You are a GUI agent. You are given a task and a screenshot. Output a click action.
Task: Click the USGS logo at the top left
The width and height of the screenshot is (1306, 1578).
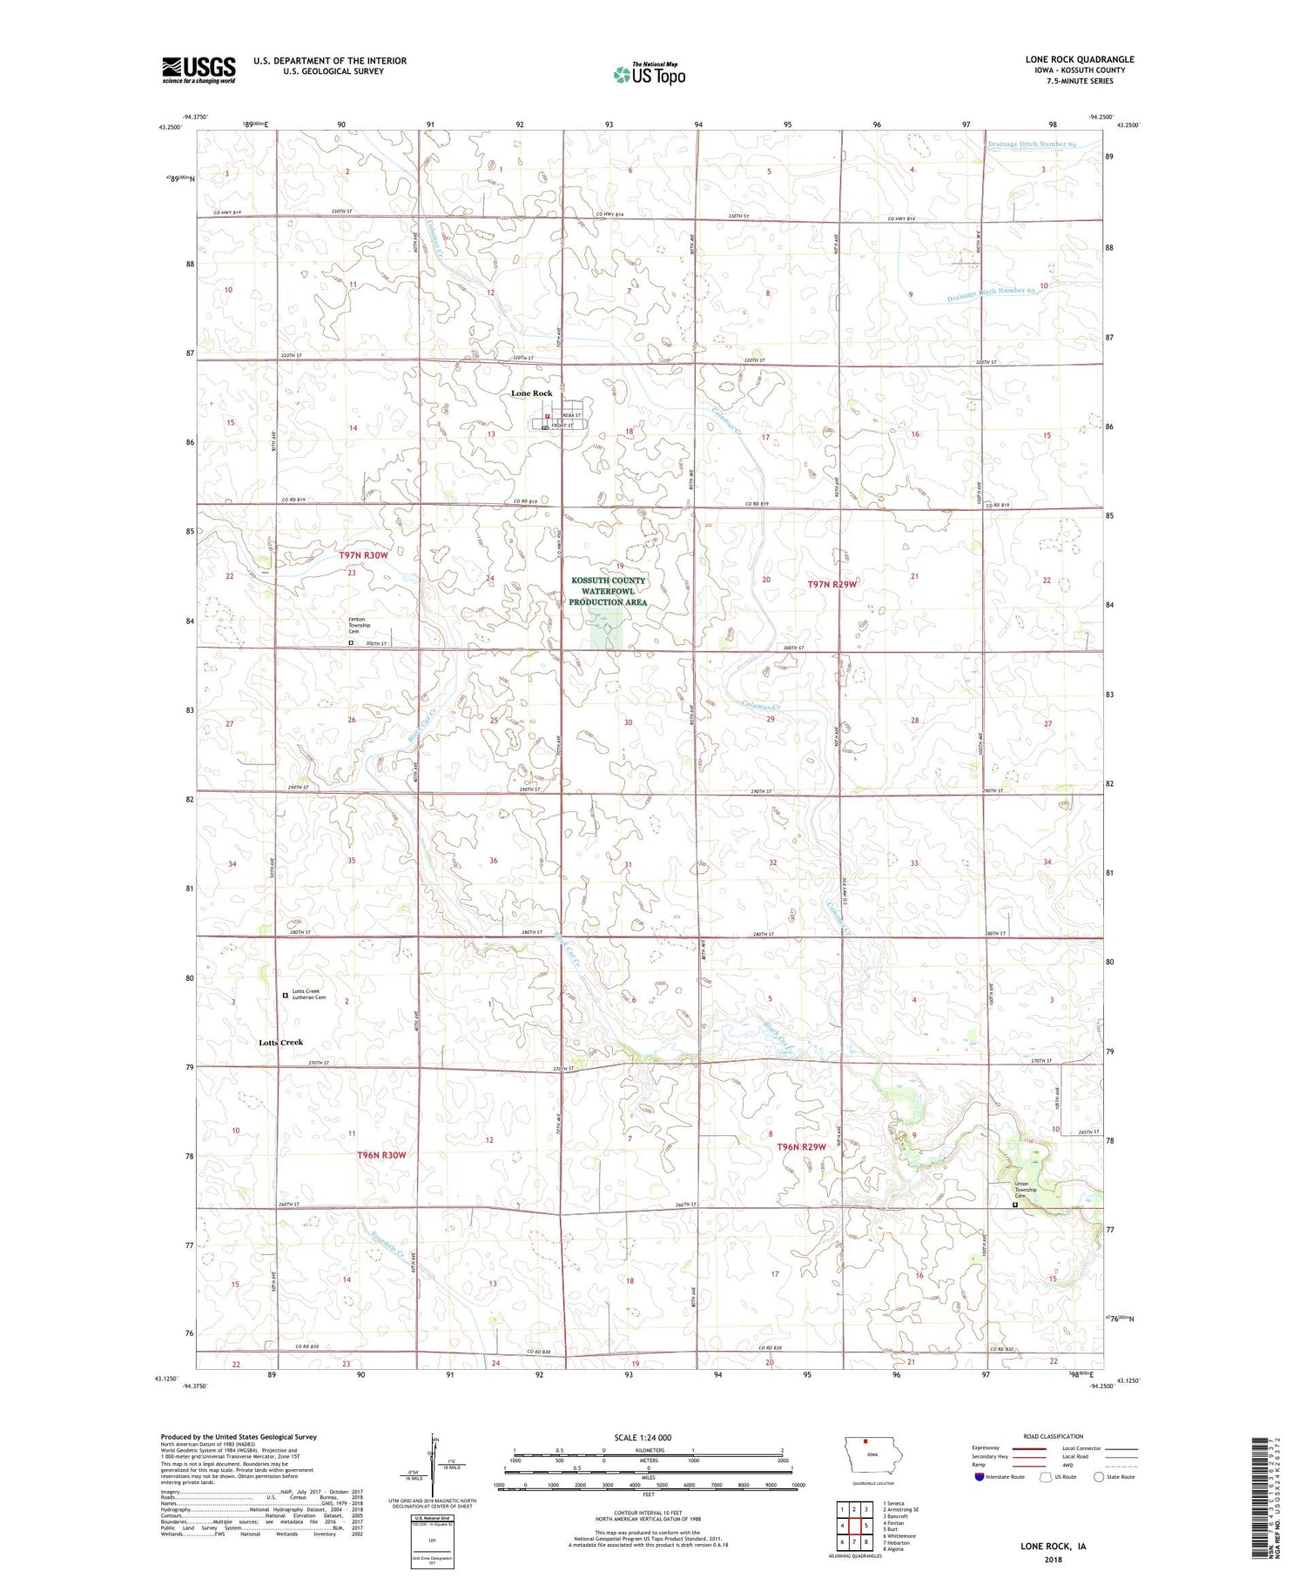pos(199,70)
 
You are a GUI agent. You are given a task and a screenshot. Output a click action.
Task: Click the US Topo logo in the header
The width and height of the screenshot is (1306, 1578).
pos(650,74)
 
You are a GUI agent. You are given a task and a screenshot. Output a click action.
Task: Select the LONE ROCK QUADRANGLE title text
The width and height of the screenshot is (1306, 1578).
pos(1079,59)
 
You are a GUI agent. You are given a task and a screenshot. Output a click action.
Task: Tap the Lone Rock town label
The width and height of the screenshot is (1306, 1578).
pos(531,393)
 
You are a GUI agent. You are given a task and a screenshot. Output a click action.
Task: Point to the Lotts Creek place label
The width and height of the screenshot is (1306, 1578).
pos(280,1042)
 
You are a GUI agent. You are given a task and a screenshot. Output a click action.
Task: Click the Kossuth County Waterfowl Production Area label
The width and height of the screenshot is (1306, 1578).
pos(608,591)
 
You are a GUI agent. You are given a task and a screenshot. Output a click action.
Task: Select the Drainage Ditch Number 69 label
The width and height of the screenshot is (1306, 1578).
pos(1032,144)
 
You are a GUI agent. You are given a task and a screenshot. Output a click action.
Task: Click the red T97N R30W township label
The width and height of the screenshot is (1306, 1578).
pos(363,554)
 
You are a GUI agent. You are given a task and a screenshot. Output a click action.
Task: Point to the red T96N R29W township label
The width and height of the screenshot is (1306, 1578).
pos(800,1147)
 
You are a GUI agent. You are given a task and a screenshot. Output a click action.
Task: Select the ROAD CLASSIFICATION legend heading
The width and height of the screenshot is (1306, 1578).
pos(1054,1436)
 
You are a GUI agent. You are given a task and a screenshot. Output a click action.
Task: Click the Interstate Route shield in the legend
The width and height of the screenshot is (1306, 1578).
pos(980,1476)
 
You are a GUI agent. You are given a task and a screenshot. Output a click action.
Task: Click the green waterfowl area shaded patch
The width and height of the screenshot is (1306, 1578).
pos(607,628)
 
